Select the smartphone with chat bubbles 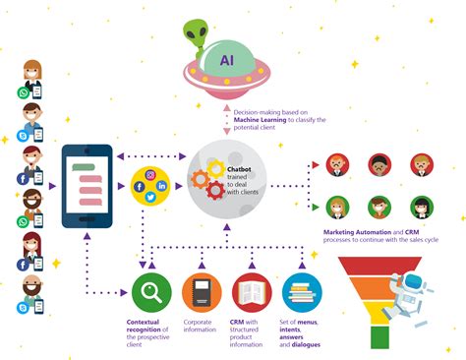[87, 185]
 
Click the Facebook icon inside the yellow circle [140, 186]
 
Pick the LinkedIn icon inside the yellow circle [161, 185]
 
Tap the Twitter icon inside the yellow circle [151, 197]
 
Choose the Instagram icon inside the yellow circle [151, 173]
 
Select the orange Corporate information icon [202, 292]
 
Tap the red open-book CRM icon [252, 292]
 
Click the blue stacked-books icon [302, 292]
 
